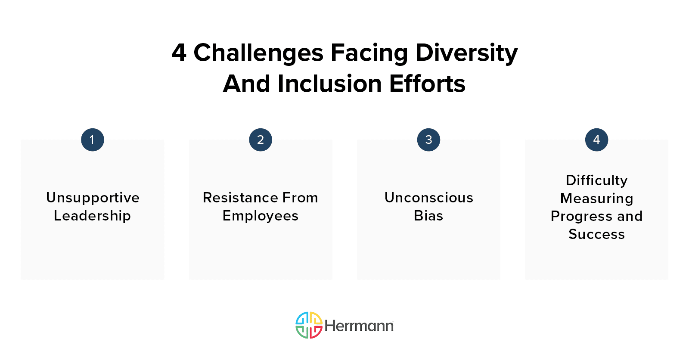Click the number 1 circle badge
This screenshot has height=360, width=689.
[x=93, y=140]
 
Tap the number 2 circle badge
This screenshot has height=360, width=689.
[x=261, y=140]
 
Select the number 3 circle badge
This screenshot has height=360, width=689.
[x=428, y=140]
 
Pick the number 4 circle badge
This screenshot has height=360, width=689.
[x=596, y=140]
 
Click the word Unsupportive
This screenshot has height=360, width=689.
[x=93, y=198]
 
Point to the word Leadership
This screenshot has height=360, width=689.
[x=92, y=216]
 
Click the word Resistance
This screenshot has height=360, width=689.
[x=240, y=198]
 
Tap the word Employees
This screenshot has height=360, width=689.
[x=261, y=216]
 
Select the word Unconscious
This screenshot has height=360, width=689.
[x=429, y=198]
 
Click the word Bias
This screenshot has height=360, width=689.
[x=428, y=216]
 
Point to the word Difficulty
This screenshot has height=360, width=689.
[x=597, y=181]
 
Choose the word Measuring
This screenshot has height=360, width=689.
[x=597, y=199]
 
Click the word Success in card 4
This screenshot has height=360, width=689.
[x=597, y=234]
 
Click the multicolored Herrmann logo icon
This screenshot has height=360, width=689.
[x=309, y=325]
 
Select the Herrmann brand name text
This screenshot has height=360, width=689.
[x=359, y=326]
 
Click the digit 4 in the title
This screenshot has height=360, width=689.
[x=179, y=53]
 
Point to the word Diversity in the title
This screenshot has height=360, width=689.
[x=467, y=53]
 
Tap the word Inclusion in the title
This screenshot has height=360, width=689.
[x=329, y=84]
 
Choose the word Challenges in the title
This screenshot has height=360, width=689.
[x=258, y=53]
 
